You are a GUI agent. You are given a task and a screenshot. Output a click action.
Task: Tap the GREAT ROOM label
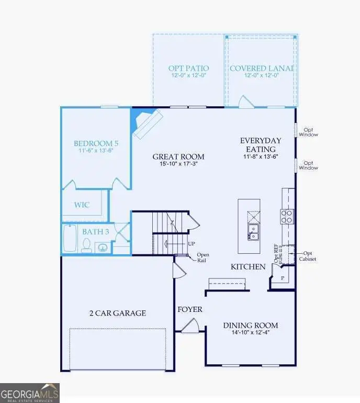click(178, 156)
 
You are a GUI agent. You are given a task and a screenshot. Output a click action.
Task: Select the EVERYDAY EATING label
click(261, 144)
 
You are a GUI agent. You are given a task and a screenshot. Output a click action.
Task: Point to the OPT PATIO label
click(188, 69)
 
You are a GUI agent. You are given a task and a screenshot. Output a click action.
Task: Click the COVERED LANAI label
click(261, 69)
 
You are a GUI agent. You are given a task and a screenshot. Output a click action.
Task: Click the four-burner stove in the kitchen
click(287, 216)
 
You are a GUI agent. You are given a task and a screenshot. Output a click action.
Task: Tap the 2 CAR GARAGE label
click(117, 313)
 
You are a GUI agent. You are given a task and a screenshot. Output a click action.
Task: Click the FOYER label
click(190, 309)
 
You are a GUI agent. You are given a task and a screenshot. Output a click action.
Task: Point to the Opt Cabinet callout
click(308, 256)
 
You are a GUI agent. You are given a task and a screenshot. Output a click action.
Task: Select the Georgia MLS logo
click(30, 393)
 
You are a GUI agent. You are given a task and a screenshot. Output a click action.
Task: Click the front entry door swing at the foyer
click(190, 326)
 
